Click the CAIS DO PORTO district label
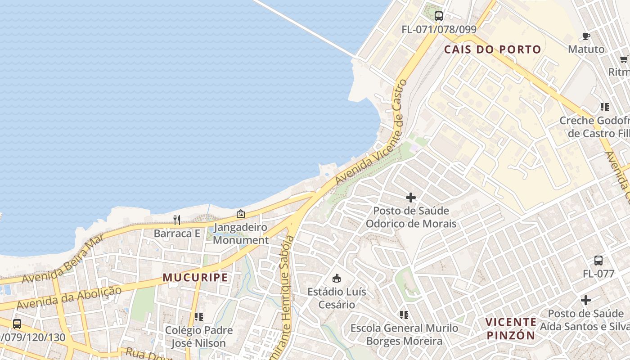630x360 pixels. (x=492, y=49)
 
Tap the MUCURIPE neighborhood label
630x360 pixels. (x=195, y=277)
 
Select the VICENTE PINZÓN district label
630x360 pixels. (x=511, y=328)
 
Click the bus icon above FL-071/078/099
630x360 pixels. (x=438, y=17)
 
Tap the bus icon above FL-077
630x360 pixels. (x=598, y=261)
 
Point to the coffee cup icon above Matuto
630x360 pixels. (x=586, y=36)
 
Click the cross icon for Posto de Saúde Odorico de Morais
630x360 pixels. (x=410, y=198)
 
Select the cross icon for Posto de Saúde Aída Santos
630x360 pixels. (x=585, y=300)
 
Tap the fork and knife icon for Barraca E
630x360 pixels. (x=177, y=220)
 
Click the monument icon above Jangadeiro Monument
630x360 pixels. (x=240, y=214)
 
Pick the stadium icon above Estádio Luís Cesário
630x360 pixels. (x=336, y=278)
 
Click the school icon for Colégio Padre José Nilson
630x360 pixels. (x=198, y=317)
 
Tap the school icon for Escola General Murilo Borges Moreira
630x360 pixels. (x=404, y=315)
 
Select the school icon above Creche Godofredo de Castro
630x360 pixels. (x=604, y=107)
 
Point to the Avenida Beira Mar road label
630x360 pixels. (x=63, y=259)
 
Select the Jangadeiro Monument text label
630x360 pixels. (x=241, y=234)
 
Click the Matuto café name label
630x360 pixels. (x=586, y=49)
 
